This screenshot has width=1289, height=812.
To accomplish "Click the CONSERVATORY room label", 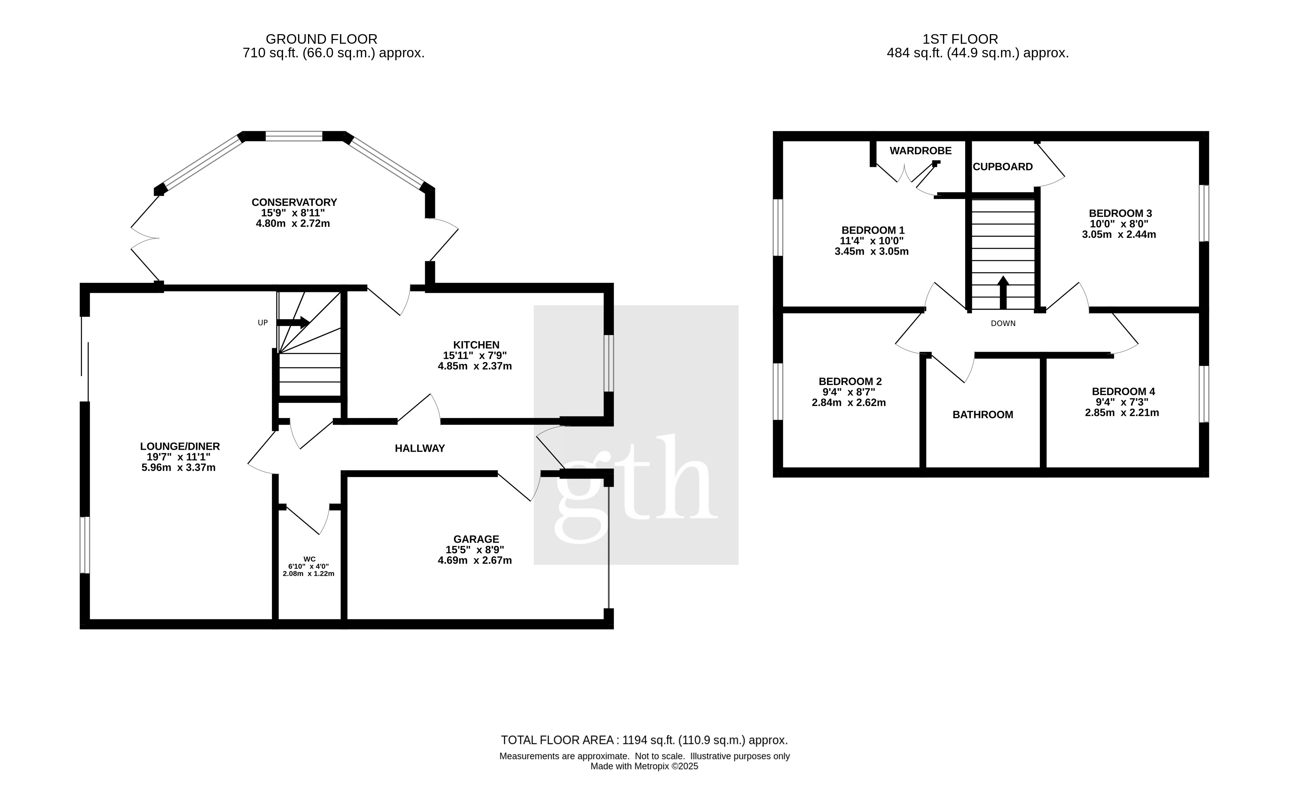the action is point(294,202).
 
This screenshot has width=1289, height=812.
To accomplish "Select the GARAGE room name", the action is point(476,539).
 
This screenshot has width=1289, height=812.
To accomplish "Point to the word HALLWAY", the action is point(420,449).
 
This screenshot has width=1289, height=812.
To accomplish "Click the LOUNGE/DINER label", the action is point(180,446).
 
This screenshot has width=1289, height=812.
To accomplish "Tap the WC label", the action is point(309,559).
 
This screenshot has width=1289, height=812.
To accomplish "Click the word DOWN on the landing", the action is point(1003,323).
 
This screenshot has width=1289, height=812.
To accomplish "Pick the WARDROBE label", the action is point(921,151).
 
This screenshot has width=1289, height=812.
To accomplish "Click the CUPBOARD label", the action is point(1003,167).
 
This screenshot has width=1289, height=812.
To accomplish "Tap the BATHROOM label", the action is point(983,415).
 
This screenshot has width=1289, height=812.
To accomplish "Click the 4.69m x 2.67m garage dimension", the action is point(475,560).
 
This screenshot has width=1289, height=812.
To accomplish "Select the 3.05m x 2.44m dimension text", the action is point(1119,234).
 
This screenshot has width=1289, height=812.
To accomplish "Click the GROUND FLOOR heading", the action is point(322,39).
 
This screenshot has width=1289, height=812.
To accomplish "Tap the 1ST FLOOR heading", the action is point(960,39).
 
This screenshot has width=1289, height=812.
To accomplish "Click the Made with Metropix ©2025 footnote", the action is point(645,766).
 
